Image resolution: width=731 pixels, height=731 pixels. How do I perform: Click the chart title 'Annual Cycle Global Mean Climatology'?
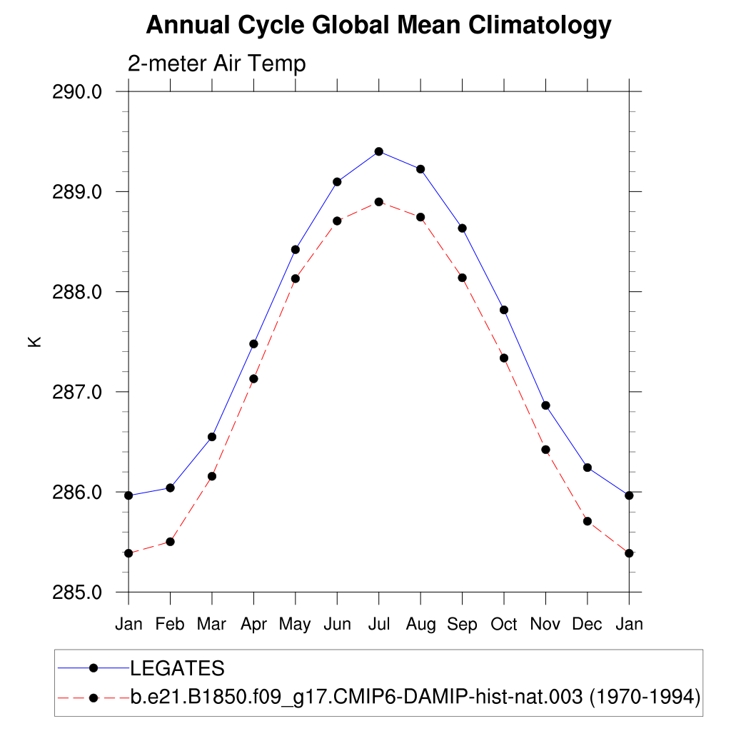(378, 26)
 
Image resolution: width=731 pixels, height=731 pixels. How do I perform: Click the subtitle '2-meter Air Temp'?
(216, 64)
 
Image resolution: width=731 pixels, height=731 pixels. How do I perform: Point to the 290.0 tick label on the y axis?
(78, 92)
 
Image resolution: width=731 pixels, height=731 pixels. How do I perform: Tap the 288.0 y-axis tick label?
(78, 292)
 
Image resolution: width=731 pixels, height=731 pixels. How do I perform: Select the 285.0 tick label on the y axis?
(78, 593)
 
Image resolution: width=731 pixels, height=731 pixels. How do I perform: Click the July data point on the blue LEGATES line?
(379, 151)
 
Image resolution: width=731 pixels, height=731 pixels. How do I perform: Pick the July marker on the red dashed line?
(379, 202)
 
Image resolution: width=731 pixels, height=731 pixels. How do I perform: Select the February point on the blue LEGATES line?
(170, 488)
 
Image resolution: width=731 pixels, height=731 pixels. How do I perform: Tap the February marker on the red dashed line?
(170, 542)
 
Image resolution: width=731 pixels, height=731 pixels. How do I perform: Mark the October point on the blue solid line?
(504, 310)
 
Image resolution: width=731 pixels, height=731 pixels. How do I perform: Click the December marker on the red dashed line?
(588, 521)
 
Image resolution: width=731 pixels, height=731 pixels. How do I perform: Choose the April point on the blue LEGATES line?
(253, 344)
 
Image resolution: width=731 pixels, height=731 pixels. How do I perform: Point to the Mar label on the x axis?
(211, 625)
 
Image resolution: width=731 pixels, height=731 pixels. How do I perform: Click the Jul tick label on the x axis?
(379, 625)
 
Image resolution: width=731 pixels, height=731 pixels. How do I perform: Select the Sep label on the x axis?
(462, 625)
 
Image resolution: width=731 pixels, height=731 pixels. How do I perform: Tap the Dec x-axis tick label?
(588, 625)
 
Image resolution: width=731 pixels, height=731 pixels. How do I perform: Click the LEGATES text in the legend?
(177, 669)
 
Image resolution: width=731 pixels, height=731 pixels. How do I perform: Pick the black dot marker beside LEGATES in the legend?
(93, 668)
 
